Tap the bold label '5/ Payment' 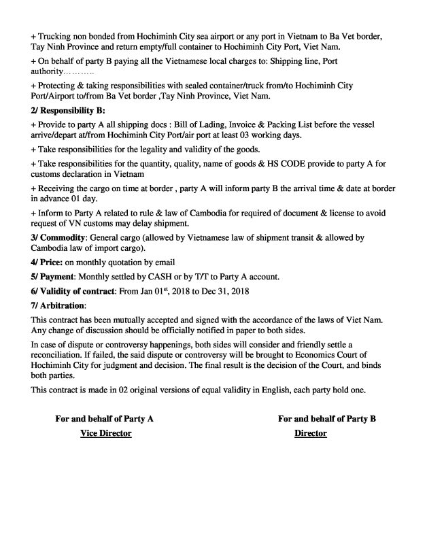pyautogui.click(x=53, y=277)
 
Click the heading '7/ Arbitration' pyautogui.click(x=58, y=306)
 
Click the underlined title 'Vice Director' pyautogui.click(x=105, y=434)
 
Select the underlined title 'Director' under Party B pyautogui.click(x=311, y=434)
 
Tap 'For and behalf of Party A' pyautogui.click(x=104, y=420)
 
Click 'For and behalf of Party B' pyautogui.click(x=327, y=420)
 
